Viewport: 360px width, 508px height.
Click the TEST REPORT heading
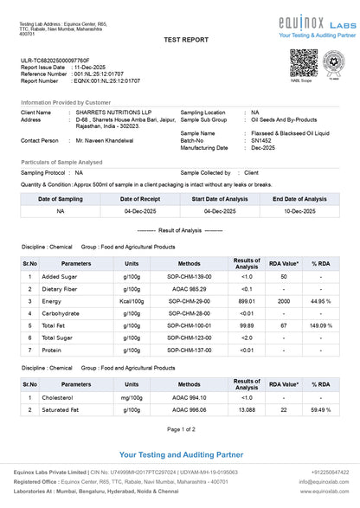(x=180, y=41)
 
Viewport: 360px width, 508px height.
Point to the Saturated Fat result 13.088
(x=247, y=409)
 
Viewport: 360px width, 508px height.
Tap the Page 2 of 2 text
(x=180, y=429)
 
